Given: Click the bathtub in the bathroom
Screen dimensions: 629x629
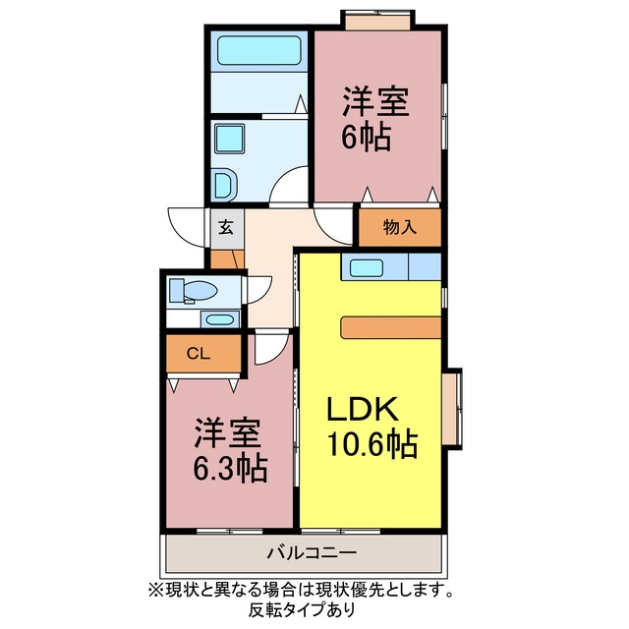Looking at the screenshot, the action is (258, 50).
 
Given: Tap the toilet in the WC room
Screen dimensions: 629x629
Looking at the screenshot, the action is (193, 291).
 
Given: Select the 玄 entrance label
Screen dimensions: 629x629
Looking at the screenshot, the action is (226, 228).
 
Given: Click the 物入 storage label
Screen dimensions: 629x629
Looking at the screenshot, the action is (400, 227).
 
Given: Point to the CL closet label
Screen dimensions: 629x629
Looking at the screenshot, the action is (199, 354).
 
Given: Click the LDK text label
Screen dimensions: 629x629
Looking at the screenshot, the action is (363, 409).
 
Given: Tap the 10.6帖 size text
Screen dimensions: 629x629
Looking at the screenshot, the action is (372, 444).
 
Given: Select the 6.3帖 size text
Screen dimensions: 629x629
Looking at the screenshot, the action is (230, 468).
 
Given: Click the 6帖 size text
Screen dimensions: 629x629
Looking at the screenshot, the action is (367, 138).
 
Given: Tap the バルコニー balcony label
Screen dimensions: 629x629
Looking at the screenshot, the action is (312, 553).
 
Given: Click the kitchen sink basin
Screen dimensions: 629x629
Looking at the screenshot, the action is (366, 267).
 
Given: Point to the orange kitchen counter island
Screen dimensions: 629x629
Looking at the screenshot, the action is (391, 327).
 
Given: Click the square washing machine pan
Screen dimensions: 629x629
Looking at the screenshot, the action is (229, 139).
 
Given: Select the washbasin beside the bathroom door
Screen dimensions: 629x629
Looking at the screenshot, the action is (225, 185).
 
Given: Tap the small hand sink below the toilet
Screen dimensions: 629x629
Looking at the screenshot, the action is (220, 320).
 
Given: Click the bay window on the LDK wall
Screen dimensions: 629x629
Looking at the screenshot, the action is (452, 409).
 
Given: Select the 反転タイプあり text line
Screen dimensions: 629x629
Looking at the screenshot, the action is (302, 610).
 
